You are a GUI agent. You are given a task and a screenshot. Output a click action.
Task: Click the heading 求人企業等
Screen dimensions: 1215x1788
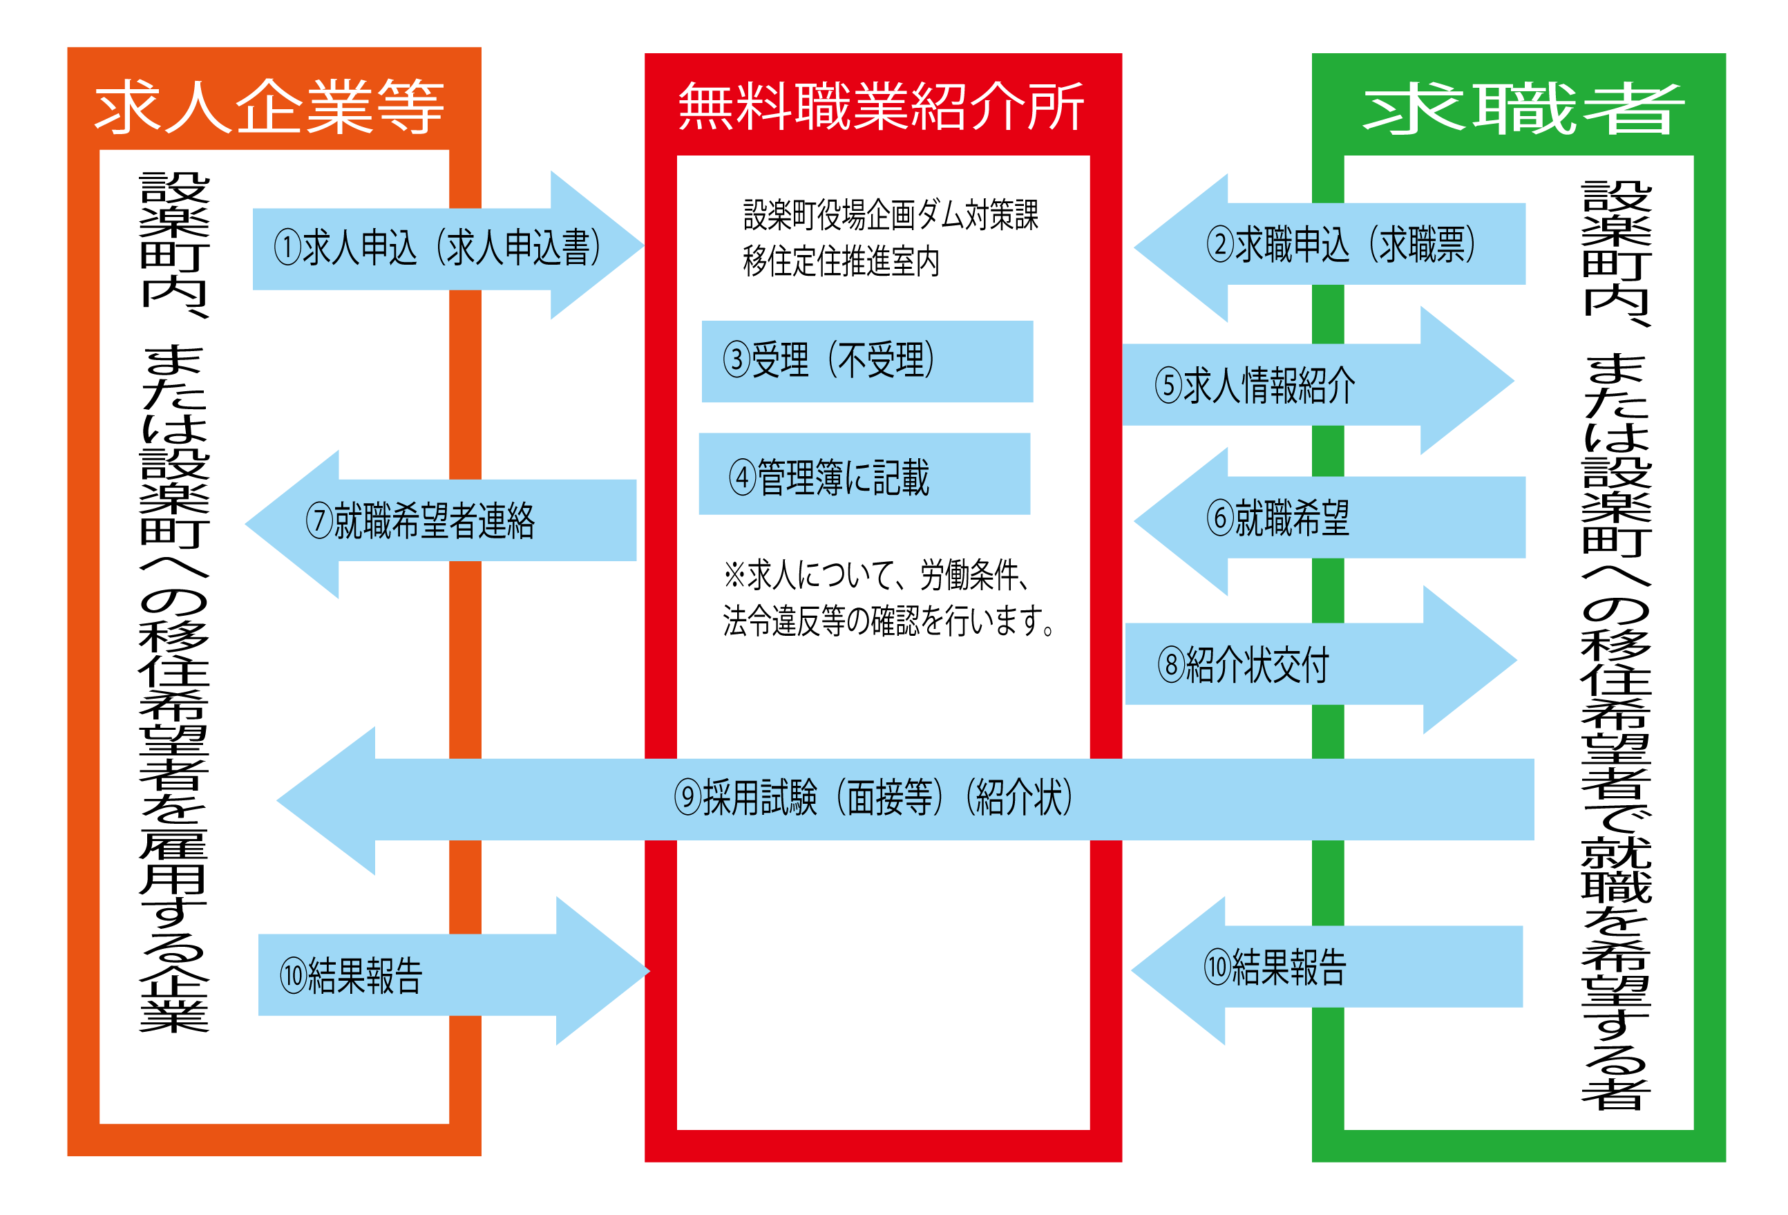(269, 106)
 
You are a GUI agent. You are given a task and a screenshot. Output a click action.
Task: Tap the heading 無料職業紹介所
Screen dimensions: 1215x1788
(881, 106)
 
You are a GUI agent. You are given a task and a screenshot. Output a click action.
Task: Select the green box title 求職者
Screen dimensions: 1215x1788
(1523, 109)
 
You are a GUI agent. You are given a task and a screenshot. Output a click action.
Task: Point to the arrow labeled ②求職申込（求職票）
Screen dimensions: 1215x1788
(1340, 245)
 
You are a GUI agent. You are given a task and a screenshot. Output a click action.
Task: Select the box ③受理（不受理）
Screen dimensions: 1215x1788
(866, 361)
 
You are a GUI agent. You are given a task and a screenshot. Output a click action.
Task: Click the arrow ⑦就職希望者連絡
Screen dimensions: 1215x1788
(431, 521)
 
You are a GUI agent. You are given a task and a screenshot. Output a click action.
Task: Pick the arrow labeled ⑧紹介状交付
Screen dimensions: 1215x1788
(1269, 665)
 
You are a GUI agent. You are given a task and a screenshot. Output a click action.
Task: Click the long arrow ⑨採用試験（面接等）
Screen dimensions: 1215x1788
(873, 798)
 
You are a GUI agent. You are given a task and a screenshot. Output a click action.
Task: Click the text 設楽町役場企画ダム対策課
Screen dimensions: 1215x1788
(890, 215)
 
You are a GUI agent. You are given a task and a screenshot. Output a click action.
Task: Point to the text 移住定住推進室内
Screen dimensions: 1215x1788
(841, 262)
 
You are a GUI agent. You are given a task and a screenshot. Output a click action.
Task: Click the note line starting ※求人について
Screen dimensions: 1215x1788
(877, 575)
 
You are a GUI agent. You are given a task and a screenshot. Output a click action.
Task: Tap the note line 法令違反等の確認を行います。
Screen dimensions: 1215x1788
(888, 621)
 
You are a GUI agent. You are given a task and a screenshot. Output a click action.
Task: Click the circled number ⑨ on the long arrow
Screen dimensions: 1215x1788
(687, 798)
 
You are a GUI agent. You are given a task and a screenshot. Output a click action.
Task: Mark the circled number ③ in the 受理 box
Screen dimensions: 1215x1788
(736, 360)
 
